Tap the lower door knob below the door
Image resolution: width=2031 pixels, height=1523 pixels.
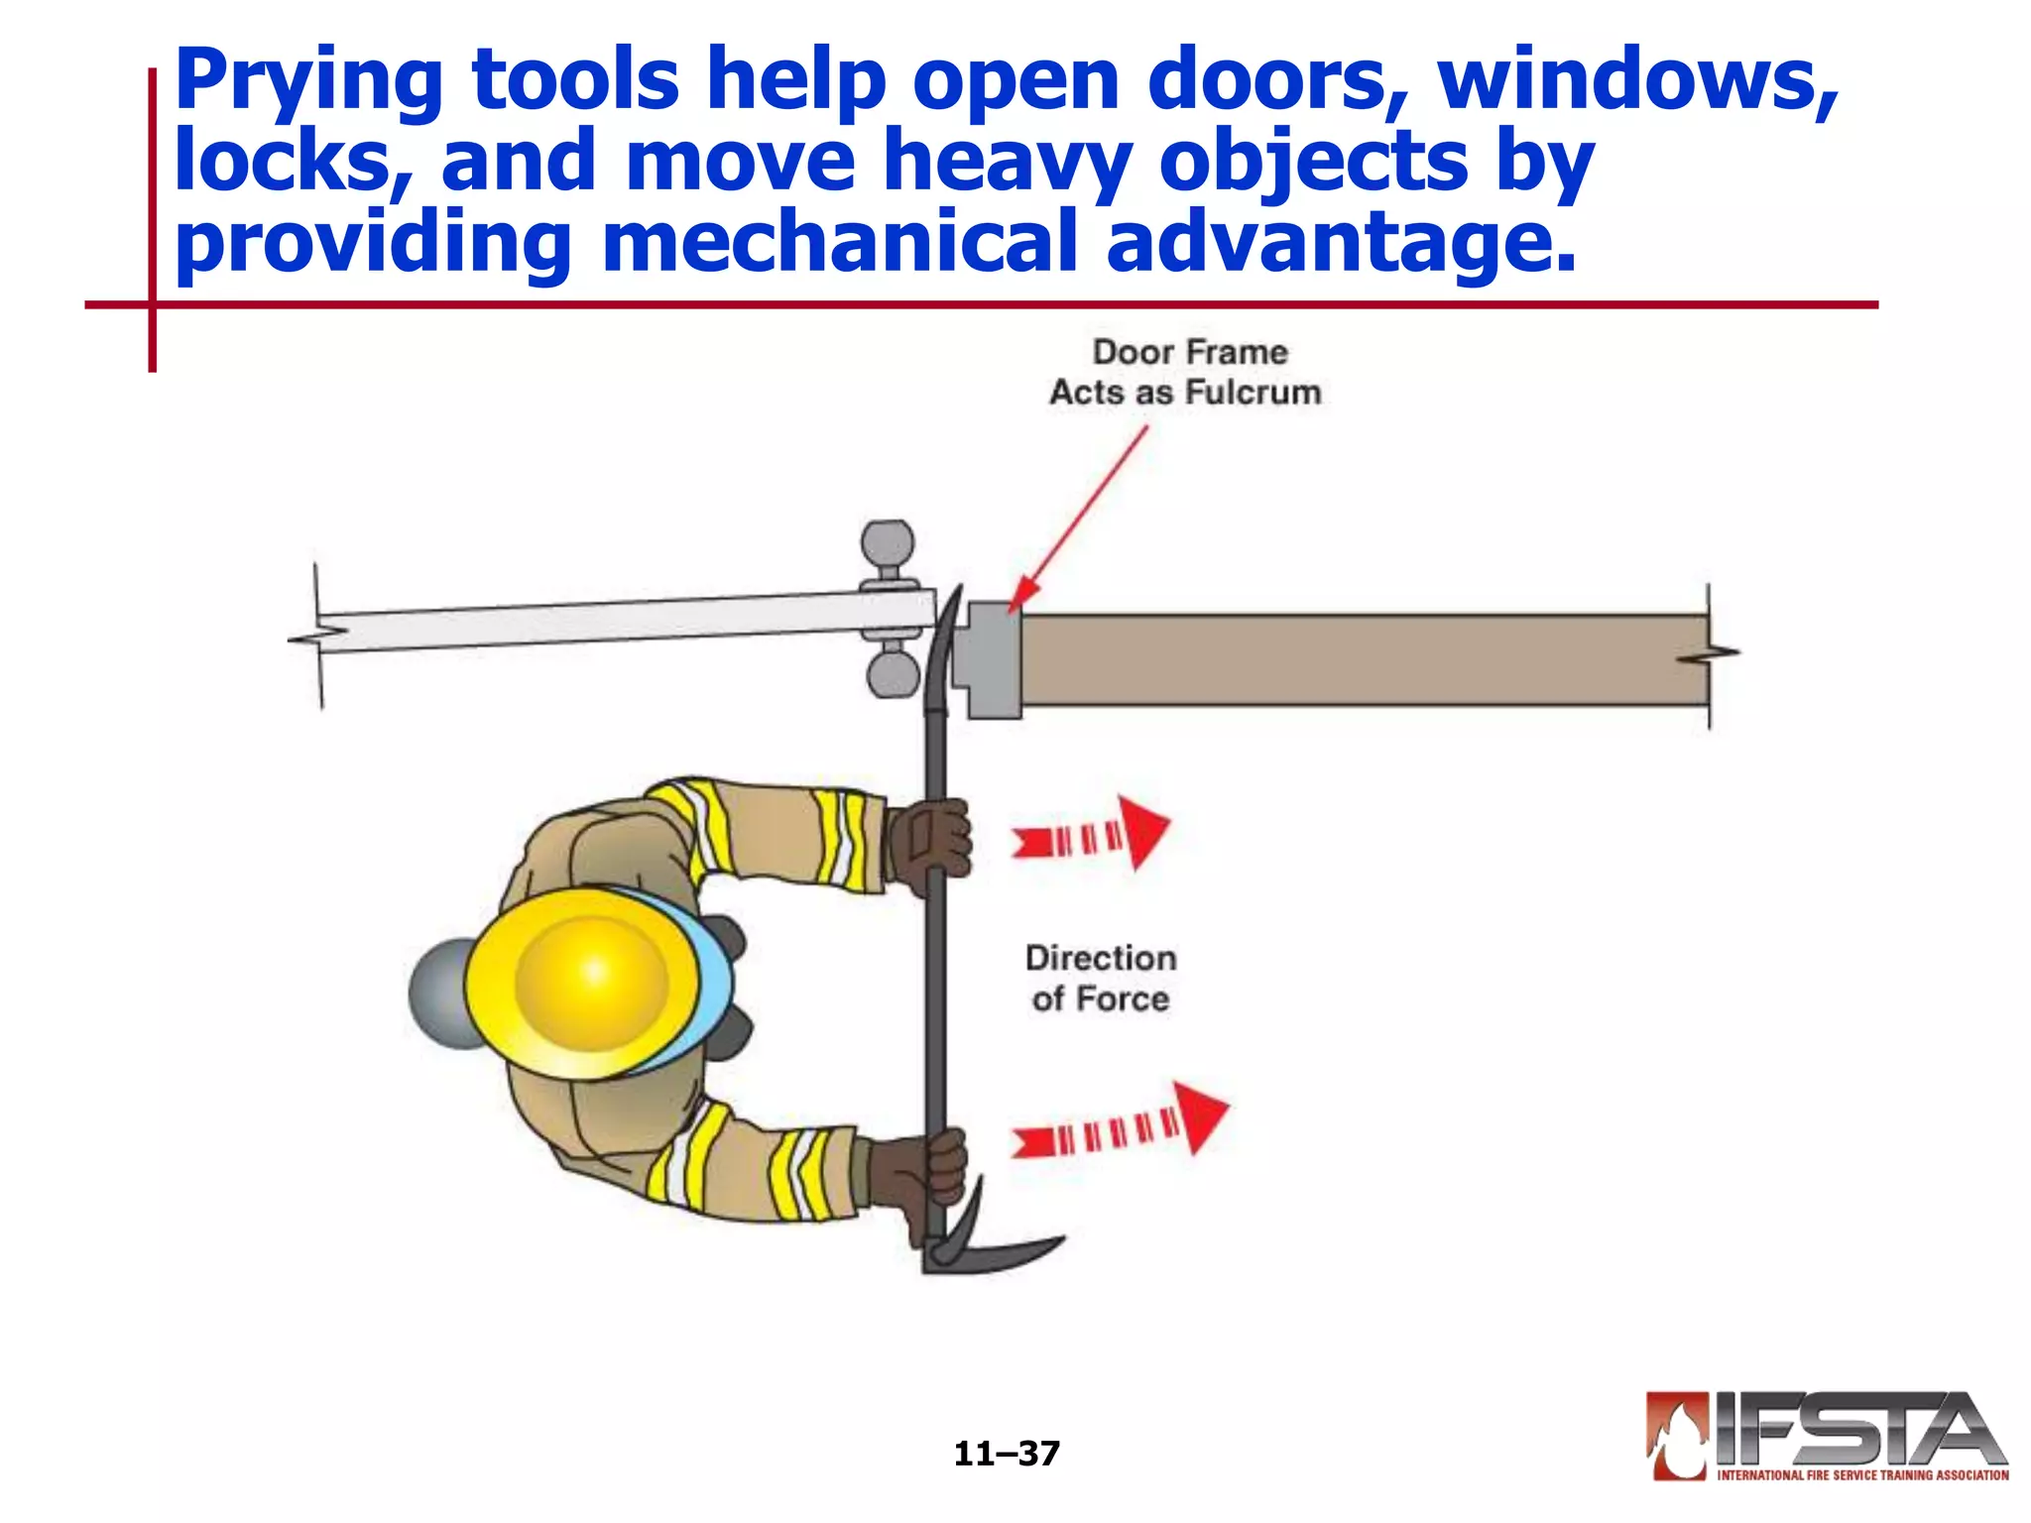coord(893,674)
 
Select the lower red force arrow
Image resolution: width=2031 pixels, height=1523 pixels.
coord(1121,1125)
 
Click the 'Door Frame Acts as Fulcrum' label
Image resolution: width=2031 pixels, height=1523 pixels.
coord(1186,373)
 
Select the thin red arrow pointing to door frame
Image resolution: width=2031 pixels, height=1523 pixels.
coord(1081,516)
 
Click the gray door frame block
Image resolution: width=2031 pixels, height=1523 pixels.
coord(992,659)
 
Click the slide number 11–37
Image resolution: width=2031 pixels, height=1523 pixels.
coord(1007,1454)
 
